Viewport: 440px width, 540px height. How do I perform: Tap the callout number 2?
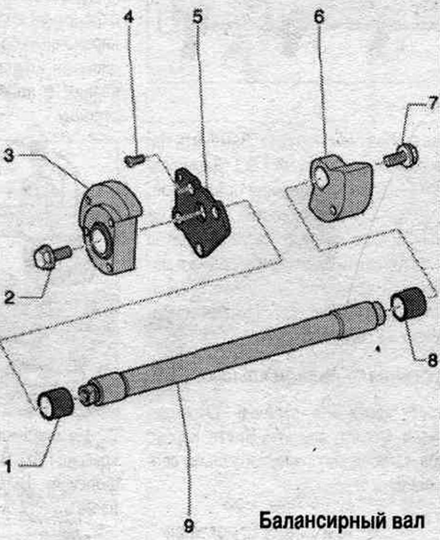[x=10, y=297]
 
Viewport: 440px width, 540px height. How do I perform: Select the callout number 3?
[x=9, y=156]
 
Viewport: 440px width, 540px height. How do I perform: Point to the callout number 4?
[x=129, y=16]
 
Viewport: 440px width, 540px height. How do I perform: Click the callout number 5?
[x=197, y=16]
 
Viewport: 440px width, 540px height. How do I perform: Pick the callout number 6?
[x=319, y=16]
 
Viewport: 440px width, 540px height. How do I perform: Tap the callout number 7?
[x=433, y=103]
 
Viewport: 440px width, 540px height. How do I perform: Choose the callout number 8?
[x=432, y=360]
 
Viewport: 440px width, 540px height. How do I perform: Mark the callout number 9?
[x=188, y=526]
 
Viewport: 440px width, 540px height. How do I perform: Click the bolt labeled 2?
[x=53, y=255]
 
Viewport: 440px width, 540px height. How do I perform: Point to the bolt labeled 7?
[x=401, y=156]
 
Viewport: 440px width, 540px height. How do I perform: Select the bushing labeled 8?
[x=409, y=305]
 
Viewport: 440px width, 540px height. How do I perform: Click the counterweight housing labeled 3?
[x=110, y=227]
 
